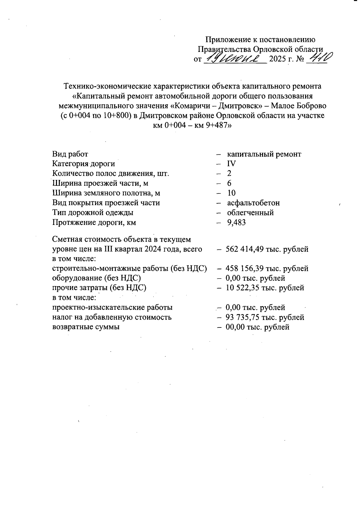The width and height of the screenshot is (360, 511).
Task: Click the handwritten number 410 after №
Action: tap(320, 57)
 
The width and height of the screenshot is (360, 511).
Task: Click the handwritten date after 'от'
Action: tap(235, 58)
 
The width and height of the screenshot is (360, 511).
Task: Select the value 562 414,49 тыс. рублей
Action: tap(267, 249)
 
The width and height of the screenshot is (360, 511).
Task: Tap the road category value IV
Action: tap(231, 164)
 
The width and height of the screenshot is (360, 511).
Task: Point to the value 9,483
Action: tap(236, 223)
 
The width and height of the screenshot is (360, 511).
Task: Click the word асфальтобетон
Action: tap(253, 203)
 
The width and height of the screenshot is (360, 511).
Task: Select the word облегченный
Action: tap(250, 213)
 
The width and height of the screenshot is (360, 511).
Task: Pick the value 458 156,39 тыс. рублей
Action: tap(267, 269)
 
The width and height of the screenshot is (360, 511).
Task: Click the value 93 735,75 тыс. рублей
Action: tap(265, 317)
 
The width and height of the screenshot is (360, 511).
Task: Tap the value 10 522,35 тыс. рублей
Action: tap(265, 288)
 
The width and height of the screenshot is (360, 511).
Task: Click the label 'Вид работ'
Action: tap(70, 154)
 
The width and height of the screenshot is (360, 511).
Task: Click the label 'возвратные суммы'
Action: tap(86, 327)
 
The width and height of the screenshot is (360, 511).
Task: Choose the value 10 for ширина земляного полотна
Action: tap(231, 193)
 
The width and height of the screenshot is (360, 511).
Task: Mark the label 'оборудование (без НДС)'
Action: tap(97, 278)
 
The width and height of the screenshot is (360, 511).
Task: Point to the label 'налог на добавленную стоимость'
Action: tap(112, 317)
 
